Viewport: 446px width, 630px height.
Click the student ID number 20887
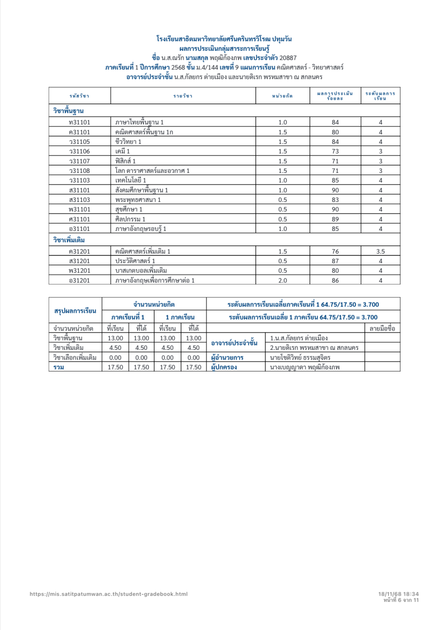click(x=288, y=58)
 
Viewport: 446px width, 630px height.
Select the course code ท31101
click(x=80, y=122)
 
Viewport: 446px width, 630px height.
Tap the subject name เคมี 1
click(x=122, y=151)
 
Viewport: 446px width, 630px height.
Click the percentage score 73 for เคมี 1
click(x=335, y=151)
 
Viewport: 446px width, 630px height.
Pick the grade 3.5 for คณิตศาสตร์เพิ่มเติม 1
click(x=380, y=252)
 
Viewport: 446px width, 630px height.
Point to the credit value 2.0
click(x=282, y=281)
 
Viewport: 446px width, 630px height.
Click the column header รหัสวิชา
click(x=80, y=96)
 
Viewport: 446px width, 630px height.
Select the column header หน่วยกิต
click(x=282, y=96)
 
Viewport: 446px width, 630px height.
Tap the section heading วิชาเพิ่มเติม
click(x=69, y=240)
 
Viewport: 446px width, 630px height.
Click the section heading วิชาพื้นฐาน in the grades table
click(x=68, y=111)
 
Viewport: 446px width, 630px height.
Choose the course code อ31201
click(x=80, y=281)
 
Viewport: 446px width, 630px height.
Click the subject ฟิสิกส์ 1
click(x=125, y=161)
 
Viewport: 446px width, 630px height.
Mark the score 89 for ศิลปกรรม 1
click(x=335, y=219)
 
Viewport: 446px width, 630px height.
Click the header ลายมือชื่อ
click(x=382, y=328)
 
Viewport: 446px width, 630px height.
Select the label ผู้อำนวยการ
click(x=227, y=357)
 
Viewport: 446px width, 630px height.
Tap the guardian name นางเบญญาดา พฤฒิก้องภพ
click(x=305, y=367)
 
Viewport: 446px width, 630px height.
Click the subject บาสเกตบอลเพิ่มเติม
click(x=141, y=271)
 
